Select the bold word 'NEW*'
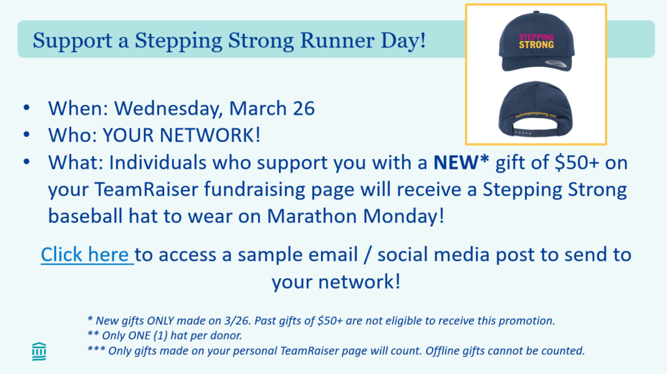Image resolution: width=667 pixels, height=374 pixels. click(461, 162)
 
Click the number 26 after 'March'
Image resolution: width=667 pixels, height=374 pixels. click(304, 109)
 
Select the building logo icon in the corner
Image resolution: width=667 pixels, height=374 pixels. click(39, 351)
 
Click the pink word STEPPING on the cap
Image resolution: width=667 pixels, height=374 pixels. click(537, 37)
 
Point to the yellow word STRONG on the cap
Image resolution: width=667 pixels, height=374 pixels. click(537, 45)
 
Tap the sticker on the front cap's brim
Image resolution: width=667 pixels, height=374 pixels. click(556, 64)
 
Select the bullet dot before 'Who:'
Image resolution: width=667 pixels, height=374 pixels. click(27, 135)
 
